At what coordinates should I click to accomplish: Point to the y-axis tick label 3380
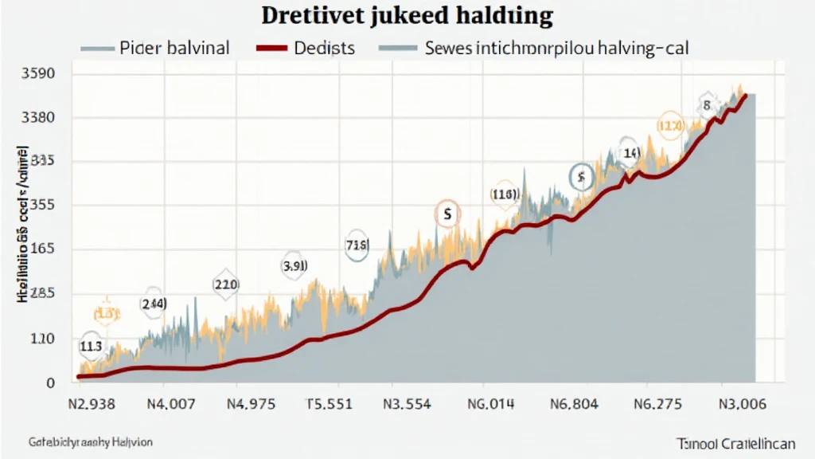pyautogui.click(x=35, y=118)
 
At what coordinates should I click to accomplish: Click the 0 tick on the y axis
pyautogui.click(x=49, y=383)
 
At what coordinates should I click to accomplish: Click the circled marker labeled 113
pyautogui.click(x=91, y=347)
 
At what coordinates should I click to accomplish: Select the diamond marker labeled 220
pyautogui.click(x=226, y=284)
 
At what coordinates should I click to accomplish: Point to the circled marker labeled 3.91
pyautogui.click(x=294, y=265)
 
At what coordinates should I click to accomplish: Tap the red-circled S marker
pyautogui.click(x=447, y=214)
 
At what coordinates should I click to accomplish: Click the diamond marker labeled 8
pyautogui.click(x=706, y=104)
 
